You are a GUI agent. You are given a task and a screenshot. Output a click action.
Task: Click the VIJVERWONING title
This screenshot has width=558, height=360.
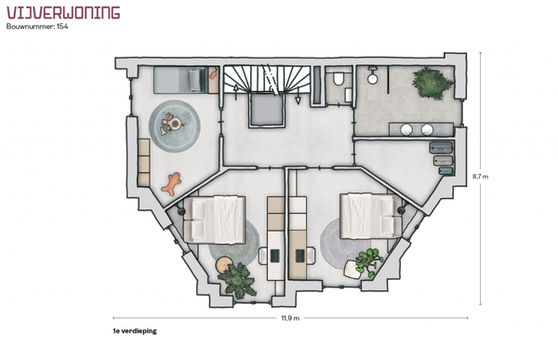[x=63, y=12]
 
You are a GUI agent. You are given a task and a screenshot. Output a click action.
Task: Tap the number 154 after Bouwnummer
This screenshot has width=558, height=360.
[x=62, y=26]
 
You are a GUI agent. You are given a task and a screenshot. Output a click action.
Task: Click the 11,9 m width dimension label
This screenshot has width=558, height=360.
[x=290, y=318]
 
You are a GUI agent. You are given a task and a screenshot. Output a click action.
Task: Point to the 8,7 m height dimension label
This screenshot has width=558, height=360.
[x=481, y=176]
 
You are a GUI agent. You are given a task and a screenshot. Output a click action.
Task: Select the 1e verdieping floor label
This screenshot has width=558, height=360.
[x=135, y=331]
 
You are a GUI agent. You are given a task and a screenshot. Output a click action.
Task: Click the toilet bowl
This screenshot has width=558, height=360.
[x=339, y=79]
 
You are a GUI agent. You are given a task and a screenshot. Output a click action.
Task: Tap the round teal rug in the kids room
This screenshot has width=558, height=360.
[x=175, y=127]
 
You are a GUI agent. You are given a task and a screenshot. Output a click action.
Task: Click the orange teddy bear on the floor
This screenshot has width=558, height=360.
[x=171, y=183]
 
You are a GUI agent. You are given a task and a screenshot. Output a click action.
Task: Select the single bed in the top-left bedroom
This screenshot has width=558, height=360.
[x=180, y=80]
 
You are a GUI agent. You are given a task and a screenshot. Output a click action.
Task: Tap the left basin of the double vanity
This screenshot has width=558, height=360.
[x=406, y=129]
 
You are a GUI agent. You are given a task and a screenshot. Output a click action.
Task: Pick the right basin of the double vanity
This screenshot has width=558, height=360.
[x=427, y=129]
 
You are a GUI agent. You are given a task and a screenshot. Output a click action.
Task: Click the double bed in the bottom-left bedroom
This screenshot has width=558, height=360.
[x=214, y=219]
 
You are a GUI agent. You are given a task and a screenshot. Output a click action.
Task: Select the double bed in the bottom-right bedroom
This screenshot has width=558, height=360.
[x=371, y=216]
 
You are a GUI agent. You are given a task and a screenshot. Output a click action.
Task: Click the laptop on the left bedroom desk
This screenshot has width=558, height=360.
[x=274, y=255]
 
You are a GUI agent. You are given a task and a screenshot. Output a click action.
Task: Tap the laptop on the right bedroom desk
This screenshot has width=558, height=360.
[x=300, y=255]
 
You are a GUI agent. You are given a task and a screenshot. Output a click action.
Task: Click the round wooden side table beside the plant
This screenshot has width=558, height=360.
[x=224, y=265]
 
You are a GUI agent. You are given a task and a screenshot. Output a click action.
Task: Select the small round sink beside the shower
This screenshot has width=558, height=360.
[x=373, y=79]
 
